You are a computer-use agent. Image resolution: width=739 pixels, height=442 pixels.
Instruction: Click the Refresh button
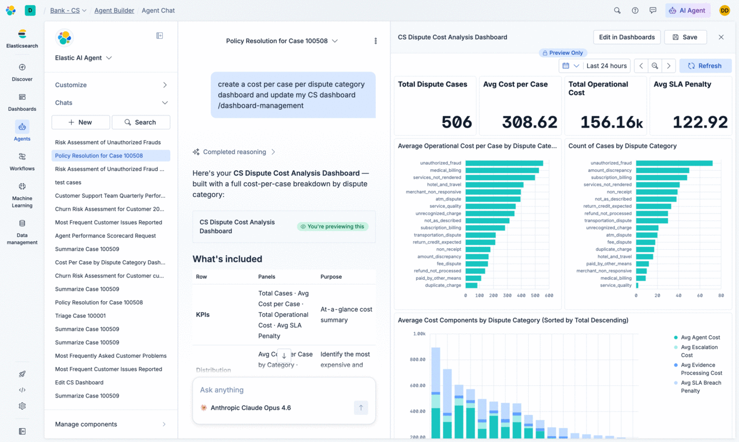pyautogui.click(x=706, y=66)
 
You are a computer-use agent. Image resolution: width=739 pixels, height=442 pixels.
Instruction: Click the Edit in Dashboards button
pyautogui.click(x=627, y=38)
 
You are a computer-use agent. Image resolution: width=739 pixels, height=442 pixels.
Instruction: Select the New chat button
pyautogui.click(x=80, y=122)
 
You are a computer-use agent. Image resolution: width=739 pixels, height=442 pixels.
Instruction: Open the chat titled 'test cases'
pyautogui.click(x=68, y=182)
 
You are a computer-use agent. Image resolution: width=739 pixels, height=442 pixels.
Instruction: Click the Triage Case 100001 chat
pyautogui.click(x=80, y=316)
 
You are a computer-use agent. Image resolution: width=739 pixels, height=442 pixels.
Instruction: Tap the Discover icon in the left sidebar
pyautogui.click(x=22, y=68)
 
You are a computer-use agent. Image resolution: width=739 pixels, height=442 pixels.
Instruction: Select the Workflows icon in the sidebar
pyautogui.click(x=22, y=157)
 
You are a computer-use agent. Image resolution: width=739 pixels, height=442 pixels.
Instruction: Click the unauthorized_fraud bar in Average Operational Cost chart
pyautogui.click(x=504, y=163)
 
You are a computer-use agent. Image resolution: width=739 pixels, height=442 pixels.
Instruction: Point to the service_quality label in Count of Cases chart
pyautogui.click(x=615, y=285)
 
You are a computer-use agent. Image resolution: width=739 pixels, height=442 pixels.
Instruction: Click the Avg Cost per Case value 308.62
pyautogui.click(x=529, y=122)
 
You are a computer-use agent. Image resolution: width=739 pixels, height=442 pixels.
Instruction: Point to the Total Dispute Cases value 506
pyautogui.click(x=457, y=122)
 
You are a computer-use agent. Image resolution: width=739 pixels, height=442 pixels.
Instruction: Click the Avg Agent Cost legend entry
pyautogui.click(x=697, y=338)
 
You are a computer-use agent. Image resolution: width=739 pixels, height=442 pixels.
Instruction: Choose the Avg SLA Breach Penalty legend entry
pyautogui.click(x=698, y=387)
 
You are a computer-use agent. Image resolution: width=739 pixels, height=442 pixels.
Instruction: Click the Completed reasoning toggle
pyautogui.click(x=234, y=152)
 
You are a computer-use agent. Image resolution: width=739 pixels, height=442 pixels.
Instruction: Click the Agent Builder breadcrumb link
pyautogui.click(x=114, y=10)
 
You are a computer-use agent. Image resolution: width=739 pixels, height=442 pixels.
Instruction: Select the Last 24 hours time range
pyautogui.click(x=606, y=66)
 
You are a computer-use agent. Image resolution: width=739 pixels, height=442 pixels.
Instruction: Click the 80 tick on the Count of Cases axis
pyautogui.click(x=721, y=295)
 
